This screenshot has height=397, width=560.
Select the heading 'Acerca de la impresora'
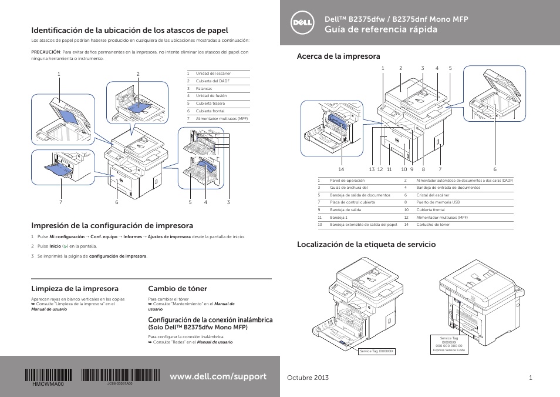pos(338,56)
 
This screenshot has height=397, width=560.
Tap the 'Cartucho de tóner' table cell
pos(433,225)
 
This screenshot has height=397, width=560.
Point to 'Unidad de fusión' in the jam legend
pos(211,96)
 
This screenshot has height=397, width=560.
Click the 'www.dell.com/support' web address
pos(217,376)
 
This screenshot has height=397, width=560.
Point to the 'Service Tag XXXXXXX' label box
pos(377,351)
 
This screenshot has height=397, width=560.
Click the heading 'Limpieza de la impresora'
pos(75,289)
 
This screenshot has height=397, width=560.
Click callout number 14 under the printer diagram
pos(340,169)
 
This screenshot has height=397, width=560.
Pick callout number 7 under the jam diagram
pos(60,202)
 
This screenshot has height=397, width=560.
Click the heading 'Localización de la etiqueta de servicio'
pos(366,244)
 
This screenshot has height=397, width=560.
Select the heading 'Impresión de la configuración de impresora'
pos(112,225)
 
